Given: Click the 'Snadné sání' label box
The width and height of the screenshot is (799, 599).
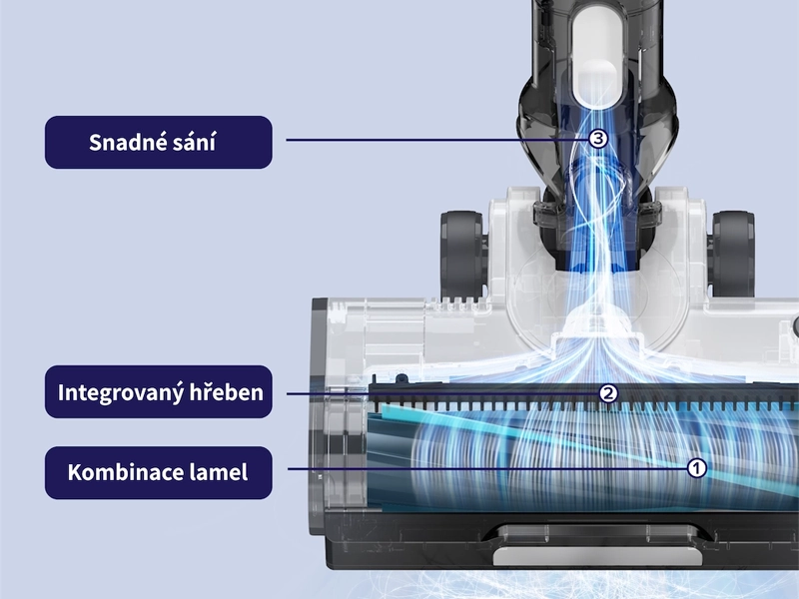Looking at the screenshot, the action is click(159, 142).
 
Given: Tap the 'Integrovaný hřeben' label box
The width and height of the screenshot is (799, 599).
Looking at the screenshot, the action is click(159, 391).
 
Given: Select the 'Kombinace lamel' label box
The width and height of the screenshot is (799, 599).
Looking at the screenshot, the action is click(159, 472).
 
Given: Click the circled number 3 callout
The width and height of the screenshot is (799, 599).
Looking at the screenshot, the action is click(598, 139).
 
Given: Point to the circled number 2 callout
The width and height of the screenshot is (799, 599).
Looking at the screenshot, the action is click(608, 393).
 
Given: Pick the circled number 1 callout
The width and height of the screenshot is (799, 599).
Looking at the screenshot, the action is click(696, 468).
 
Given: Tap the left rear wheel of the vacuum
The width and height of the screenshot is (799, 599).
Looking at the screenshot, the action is click(461, 254).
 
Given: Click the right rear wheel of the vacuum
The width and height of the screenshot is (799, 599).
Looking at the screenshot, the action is click(733, 254).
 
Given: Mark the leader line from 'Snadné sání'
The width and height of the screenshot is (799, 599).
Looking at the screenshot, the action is click(437, 140).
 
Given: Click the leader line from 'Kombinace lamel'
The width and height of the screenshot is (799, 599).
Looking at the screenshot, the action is click(487, 468).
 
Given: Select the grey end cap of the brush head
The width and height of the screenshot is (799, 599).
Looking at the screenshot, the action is click(320, 415).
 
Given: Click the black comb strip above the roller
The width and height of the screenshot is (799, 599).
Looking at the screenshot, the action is click(583, 396).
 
